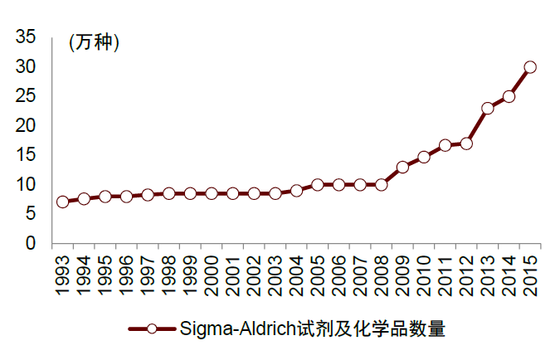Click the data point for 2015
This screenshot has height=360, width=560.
530,67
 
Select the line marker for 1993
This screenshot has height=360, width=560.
62,202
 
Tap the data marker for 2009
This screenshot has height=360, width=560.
402,167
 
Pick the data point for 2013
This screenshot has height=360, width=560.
488,108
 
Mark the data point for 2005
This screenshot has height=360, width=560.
318,185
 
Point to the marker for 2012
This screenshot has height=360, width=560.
466,144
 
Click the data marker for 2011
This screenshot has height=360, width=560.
446,145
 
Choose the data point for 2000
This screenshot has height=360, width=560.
212,193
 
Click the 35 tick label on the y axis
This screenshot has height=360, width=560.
26,36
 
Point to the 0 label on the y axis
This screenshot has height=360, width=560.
31,244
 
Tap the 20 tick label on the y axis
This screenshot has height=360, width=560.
26,125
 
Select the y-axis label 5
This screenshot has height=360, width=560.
31,214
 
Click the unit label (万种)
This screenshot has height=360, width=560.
93,42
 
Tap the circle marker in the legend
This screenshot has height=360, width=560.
152,329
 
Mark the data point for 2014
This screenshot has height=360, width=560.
509,96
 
